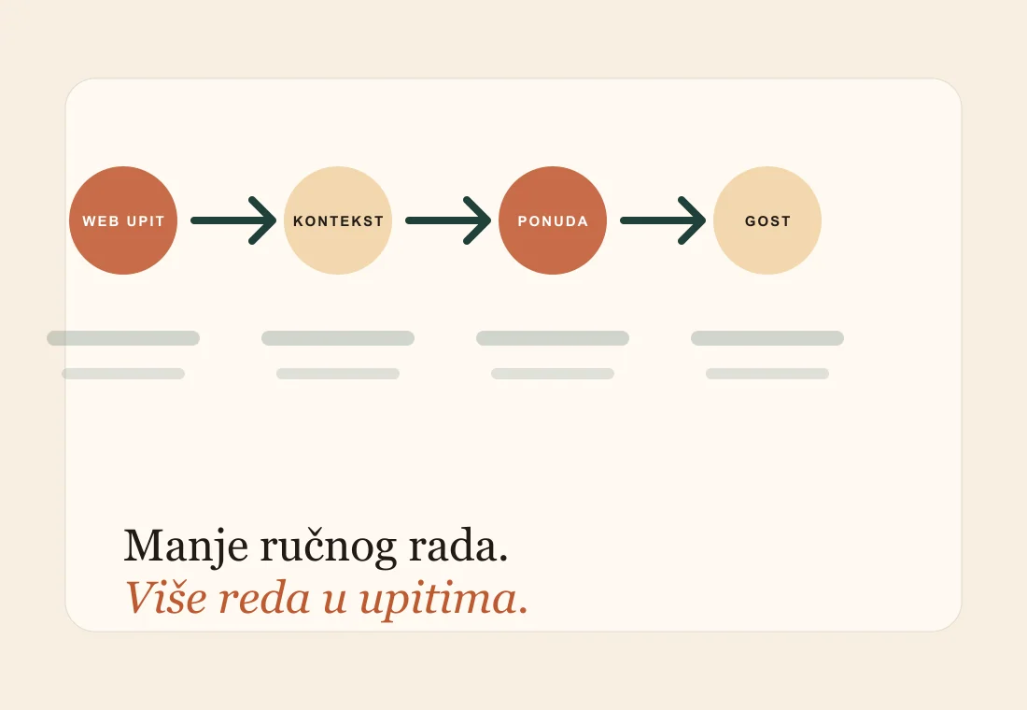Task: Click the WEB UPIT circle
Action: (123, 220)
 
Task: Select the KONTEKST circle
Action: (338, 220)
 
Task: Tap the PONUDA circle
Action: (553, 220)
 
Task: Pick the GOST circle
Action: (767, 220)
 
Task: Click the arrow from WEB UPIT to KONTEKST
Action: (233, 220)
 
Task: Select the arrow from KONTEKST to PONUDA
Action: (448, 220)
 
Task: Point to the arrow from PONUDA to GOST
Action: (663, 220)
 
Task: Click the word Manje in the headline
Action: (186, 547)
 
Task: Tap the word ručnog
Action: (329, 547)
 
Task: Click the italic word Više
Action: (165, 598)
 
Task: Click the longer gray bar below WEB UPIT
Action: (123, 338)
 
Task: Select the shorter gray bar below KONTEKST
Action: (338, 374)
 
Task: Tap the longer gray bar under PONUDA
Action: (553, 338)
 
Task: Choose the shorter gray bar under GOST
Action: (767, 374)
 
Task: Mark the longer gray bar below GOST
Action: (767, 338)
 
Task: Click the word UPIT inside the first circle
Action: (146, 221)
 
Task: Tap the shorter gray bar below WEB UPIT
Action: (123, 374)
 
